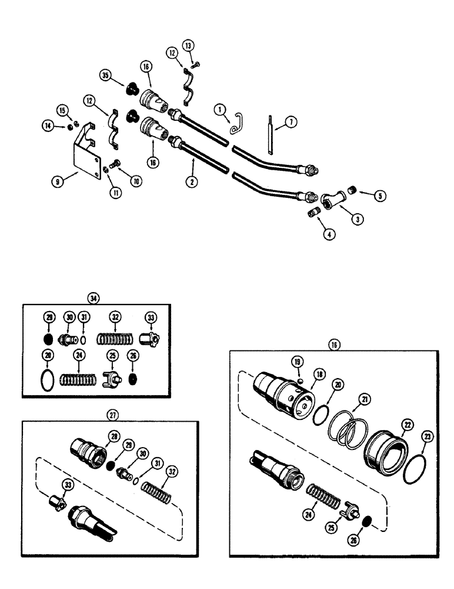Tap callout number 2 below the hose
click(191, 182)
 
